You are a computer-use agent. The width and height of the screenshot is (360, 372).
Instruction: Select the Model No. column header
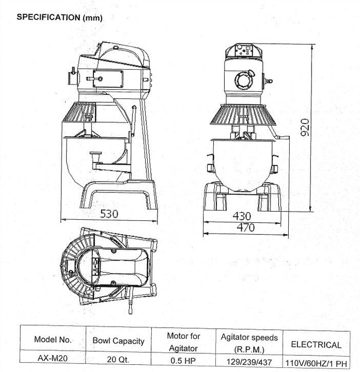53,340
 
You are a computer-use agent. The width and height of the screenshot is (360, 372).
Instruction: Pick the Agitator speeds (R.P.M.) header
249,341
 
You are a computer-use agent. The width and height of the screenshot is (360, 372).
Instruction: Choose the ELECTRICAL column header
316,344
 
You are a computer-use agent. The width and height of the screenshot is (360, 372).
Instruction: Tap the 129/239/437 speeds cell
249,361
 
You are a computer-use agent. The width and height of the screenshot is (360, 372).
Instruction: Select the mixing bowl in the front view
242,163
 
